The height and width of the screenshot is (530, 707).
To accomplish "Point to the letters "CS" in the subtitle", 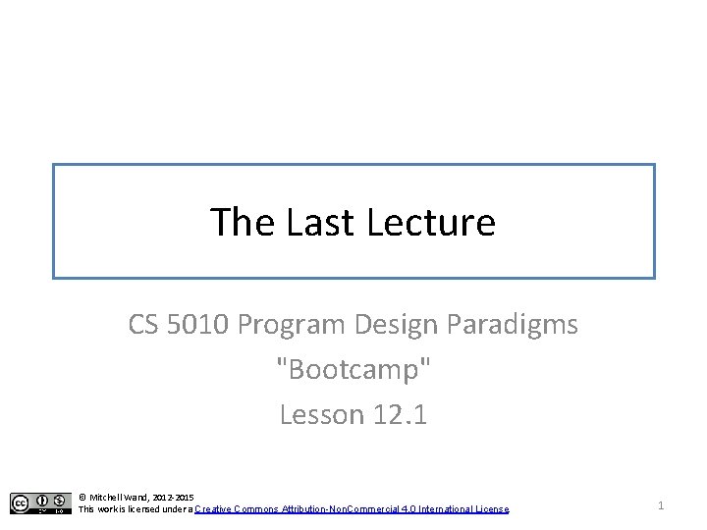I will click(146, 324).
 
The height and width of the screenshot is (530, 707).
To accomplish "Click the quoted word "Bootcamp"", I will click(353, 370).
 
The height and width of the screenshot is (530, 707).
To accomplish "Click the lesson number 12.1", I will click(400, 415).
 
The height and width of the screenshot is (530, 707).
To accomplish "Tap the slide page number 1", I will click(661, 504).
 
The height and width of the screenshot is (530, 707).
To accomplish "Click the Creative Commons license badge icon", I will click(40, 503).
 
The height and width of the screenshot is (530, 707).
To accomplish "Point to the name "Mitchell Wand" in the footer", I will click(120, 498).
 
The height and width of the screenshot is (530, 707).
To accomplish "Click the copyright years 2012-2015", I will click(174, 498).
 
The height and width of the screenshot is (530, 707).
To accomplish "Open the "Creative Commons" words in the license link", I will click(237, 509).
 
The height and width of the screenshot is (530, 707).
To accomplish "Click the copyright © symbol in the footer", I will click(82, 498).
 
